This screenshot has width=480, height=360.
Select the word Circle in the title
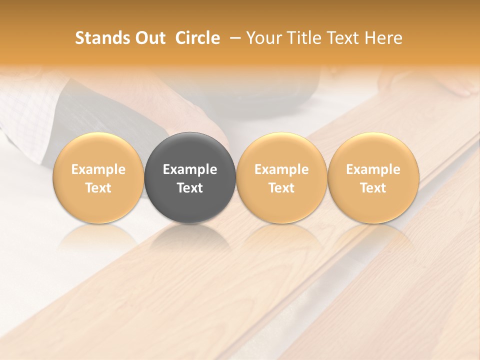(x=197, y=38)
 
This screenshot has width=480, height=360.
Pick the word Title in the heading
(x=301, y=38)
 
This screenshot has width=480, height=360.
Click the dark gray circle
(x=190, y=150)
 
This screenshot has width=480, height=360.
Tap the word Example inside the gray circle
(x=190, y=169)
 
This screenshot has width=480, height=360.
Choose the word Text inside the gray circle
(x=190, y=188)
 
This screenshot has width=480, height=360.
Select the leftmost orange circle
(x=98, y=150)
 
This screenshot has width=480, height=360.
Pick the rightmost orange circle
(x=373, y=150)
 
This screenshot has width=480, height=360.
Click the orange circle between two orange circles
(x=281, y=150)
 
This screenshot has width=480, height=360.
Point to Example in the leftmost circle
(x=98, y=169)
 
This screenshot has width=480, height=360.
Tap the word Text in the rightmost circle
(x=373, y=188)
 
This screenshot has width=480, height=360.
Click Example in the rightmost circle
(x=373, y=169)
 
